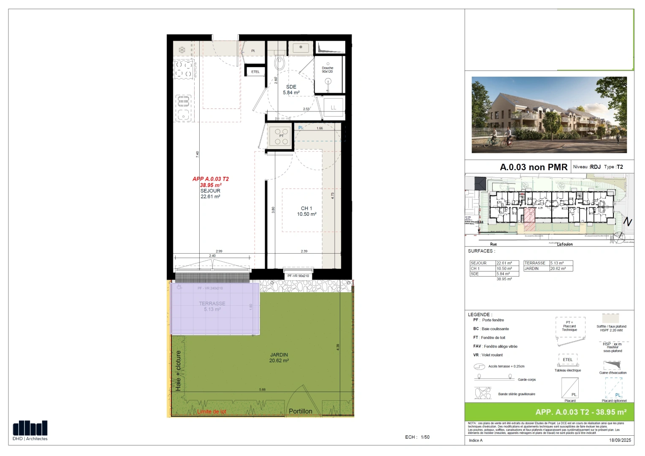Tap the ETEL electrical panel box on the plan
tap(255, 72)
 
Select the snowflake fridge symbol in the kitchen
tap(182, 50)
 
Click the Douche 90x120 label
tap(328, 70)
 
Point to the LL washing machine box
tap(333, 108)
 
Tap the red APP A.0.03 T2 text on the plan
tap(211, 179)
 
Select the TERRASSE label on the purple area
tap(212, 304)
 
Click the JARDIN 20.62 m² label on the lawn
tap(279, 358)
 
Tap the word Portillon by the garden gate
tap(301, 411)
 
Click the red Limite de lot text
tap(211, 412)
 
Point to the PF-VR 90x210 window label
tap(298, 276)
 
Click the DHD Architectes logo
tap(30, 430)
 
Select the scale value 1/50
tap(425, 437)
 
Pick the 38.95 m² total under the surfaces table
tap(504, 279)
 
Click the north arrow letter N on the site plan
tap(628, 222)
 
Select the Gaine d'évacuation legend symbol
tap(612, 365)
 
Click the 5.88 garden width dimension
tap(262, 390)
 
